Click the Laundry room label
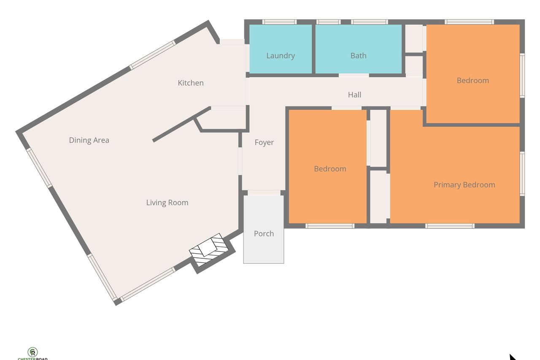click(x=281, y=56)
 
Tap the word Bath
click(x=359, y=56)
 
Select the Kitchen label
click(x=191, y=83)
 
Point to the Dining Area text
click(x=89, y=141)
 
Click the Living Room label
click(x=167, y=203)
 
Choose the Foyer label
click(x=264, y=143)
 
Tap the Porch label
click(x=264, y=234)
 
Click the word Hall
click(x=355, y=95)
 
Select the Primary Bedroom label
click(x=464, y=185)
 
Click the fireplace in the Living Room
click(x=209, y=249)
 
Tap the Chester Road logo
click(x=32, y=354)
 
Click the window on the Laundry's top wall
click(x=279, y=22)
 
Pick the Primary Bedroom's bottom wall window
click(x=450, y=226)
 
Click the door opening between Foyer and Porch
click(x=264, y=192)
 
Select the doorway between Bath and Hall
click(x=354, y=76)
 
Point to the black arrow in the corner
click(x=513, y=357)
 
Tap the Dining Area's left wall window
click(x=39, y=168)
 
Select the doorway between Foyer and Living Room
click(x=240, y=161)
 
